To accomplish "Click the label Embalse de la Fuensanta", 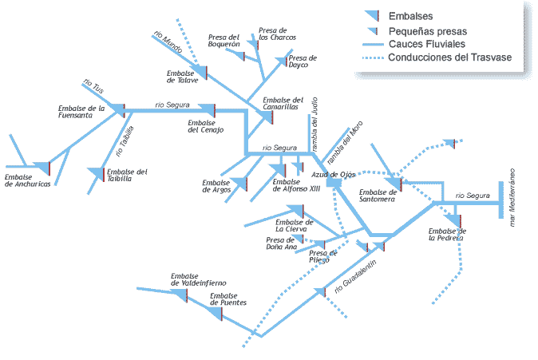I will [x=81, y=111].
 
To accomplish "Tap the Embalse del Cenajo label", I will [x=205, y=126].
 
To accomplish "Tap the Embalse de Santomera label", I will [x=377, y=196].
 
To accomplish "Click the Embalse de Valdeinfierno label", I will [x=199, y=279].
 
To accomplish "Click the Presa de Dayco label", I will [x=303, y=61].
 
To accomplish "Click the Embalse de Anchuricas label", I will [x=27, y=180].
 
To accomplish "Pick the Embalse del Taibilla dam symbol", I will [x=97, y=172].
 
